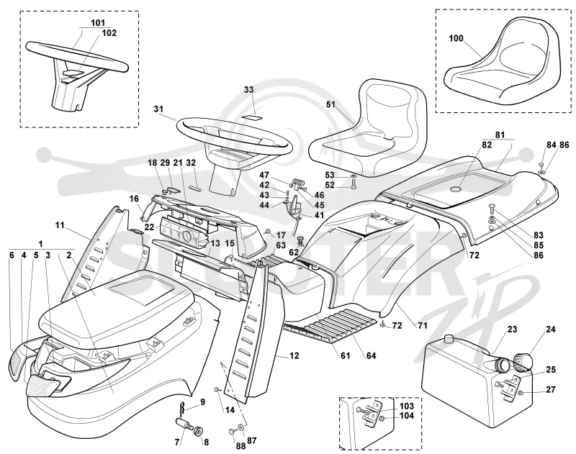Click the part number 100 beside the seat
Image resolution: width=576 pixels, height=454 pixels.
[x=456, y=39]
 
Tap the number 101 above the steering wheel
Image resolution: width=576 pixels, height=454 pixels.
[x=98, y=23]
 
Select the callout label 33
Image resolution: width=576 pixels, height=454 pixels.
[x=248, y=90]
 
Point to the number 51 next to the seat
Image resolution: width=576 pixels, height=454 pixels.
[x=331, y=104]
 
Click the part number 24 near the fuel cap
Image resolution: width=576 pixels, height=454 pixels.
[x=551, y=330]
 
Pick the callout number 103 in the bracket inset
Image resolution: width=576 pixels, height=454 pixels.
[x=407, y=406]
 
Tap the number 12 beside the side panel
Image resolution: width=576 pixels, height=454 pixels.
[x=294, y=355]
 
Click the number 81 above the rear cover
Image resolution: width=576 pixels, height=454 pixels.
[x=500, y=135]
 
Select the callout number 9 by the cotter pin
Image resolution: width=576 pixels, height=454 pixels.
[x=202, y=401]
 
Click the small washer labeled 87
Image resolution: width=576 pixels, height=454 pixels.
[x=242, y=428]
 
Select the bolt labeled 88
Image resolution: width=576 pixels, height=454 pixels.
[x=231, y=431]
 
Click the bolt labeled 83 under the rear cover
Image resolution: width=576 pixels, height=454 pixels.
[x=492, y=209]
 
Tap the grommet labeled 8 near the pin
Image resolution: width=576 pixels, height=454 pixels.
[x=199, y=430]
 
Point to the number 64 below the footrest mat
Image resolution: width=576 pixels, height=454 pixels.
[x=372, y=355]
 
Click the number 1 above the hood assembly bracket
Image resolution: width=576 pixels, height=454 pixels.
[x=41, y=244]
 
